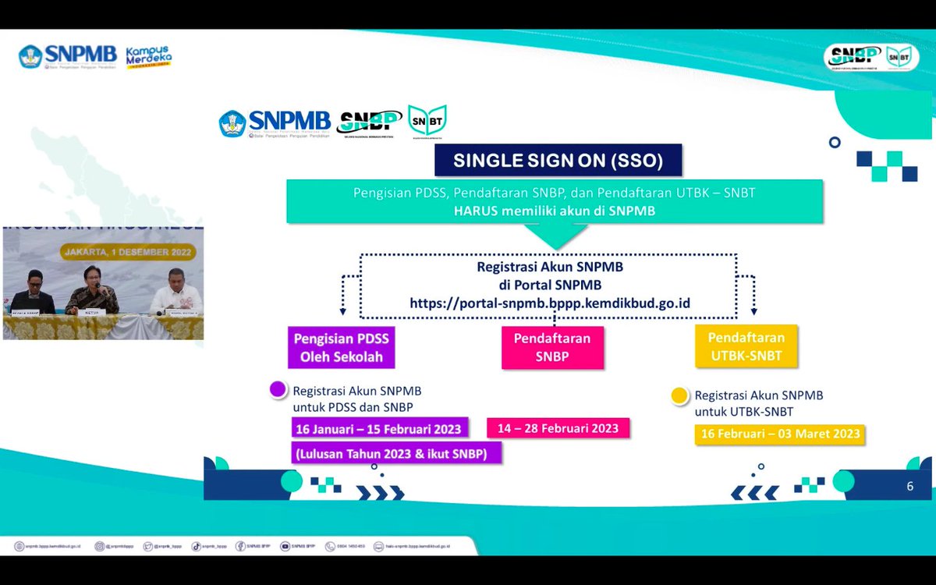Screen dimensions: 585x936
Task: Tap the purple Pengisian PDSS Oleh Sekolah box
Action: click(339, 348)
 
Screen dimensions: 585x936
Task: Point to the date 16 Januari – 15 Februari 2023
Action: click(378, 429)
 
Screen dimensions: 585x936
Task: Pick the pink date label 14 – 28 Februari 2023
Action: click(558, 428)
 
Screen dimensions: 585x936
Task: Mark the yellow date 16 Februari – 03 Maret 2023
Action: click(780, 434)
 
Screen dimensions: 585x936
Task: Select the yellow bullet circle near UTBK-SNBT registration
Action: click(679, 395)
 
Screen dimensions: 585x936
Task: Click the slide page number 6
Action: click(909, 487)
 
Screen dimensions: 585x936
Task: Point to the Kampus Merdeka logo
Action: click(148, 57)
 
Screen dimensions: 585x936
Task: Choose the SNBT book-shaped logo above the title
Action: click(427, 121)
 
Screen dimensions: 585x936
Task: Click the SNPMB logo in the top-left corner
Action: click(68, 56)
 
